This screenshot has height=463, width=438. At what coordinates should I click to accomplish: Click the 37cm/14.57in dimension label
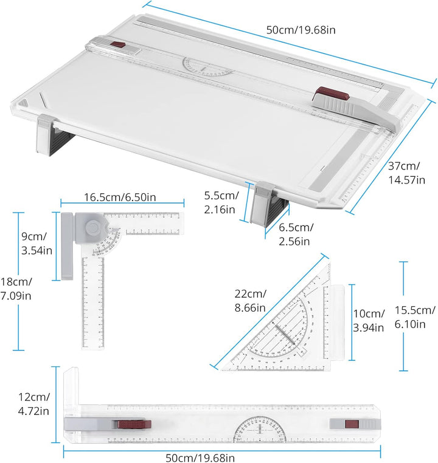(407, 173)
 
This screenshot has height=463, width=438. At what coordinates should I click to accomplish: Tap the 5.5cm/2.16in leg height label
(221, 202)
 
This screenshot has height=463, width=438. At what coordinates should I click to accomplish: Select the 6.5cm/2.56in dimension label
(296, 235)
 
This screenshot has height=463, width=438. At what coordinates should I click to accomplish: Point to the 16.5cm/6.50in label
(120, 197)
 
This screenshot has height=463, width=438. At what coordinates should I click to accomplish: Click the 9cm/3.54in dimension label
(36, 243)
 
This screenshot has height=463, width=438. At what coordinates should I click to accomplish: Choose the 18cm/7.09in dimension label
(16, 289)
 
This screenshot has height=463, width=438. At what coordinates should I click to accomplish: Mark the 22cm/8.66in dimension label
(250, 301)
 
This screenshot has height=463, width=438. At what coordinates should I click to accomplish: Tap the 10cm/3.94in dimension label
(369, 320)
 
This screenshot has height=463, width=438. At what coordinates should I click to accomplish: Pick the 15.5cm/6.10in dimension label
(415, 317)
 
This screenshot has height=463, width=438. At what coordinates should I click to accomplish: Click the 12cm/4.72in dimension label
(33, 404)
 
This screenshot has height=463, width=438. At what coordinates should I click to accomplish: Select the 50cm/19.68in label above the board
(301, 30)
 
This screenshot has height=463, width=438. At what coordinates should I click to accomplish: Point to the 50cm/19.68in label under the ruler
(200, 458)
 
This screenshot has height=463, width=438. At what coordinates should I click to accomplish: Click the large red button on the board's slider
(332, 94)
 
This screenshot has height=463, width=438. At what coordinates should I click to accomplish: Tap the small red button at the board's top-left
(118, 45)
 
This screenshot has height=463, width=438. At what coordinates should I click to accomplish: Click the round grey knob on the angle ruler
(93, 227)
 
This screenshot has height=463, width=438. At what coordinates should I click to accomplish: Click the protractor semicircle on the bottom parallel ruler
(260, 430)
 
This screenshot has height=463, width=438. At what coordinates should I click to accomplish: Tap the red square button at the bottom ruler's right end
(352, 424)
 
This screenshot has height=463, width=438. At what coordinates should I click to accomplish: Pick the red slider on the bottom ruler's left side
(134, 424)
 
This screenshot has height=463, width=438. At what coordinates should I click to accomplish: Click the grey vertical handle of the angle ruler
(67, 246)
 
